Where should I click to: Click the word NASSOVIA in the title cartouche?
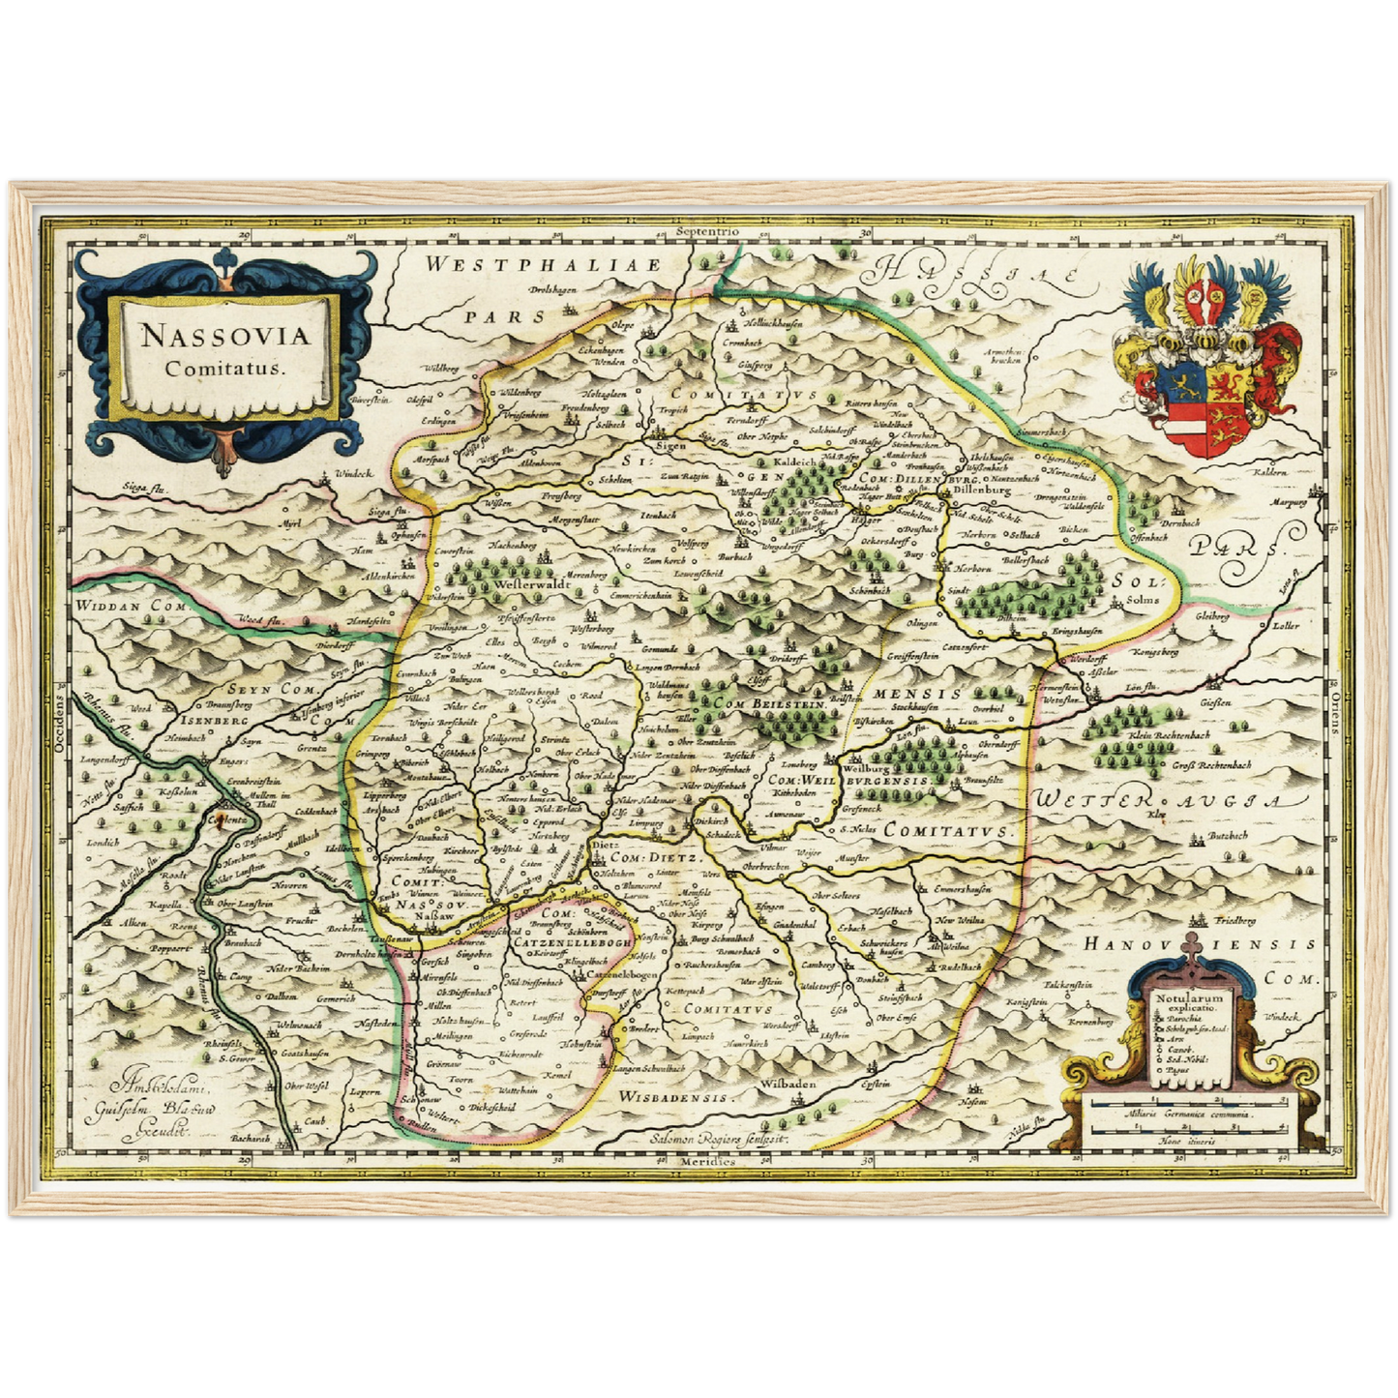[224, 336]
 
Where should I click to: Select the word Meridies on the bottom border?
[709, 1160]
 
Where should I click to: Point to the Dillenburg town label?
[982, 491]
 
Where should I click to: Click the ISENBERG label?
[213, 721]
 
